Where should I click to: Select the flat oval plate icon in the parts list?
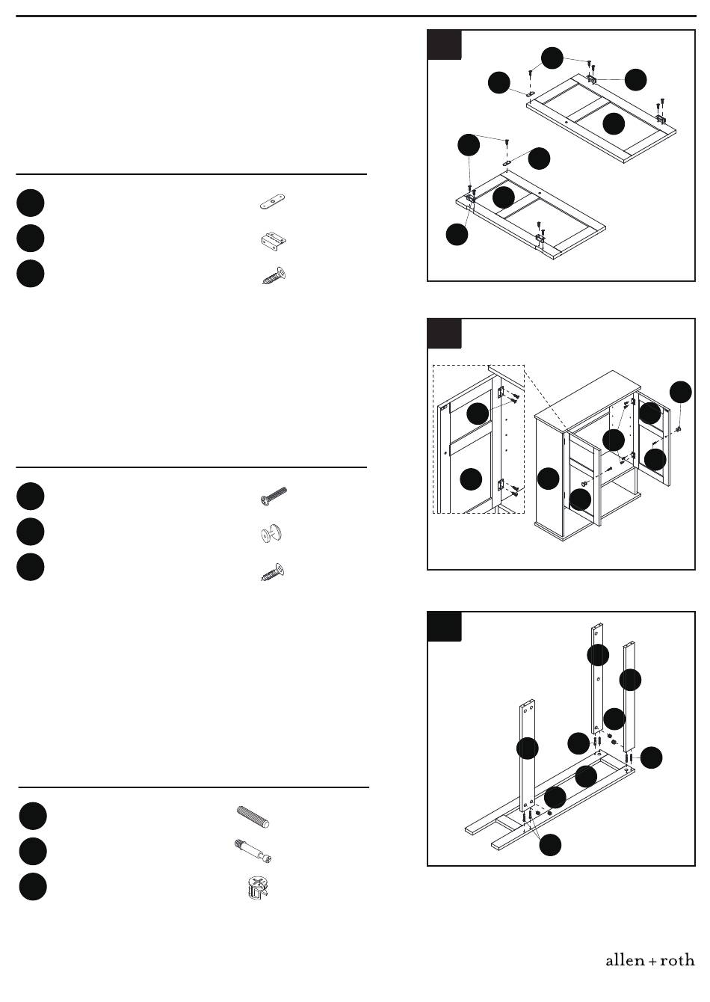point(272,202)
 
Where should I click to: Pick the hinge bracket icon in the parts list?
point(274,240)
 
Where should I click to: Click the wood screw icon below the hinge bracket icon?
point(274,275)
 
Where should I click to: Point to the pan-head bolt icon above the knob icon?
point(274,496)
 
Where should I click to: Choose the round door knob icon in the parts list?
point(272,534)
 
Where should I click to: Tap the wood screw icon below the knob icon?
point(272,572)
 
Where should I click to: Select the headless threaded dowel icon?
point(253,817)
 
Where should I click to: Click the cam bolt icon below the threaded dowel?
point(253,852)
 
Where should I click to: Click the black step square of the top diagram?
point(444,44)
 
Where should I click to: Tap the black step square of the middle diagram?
point(444,334)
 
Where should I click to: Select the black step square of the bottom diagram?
point(444,627)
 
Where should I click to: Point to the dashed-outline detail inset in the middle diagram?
point(478,439)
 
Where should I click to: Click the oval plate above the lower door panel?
point(507,163)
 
